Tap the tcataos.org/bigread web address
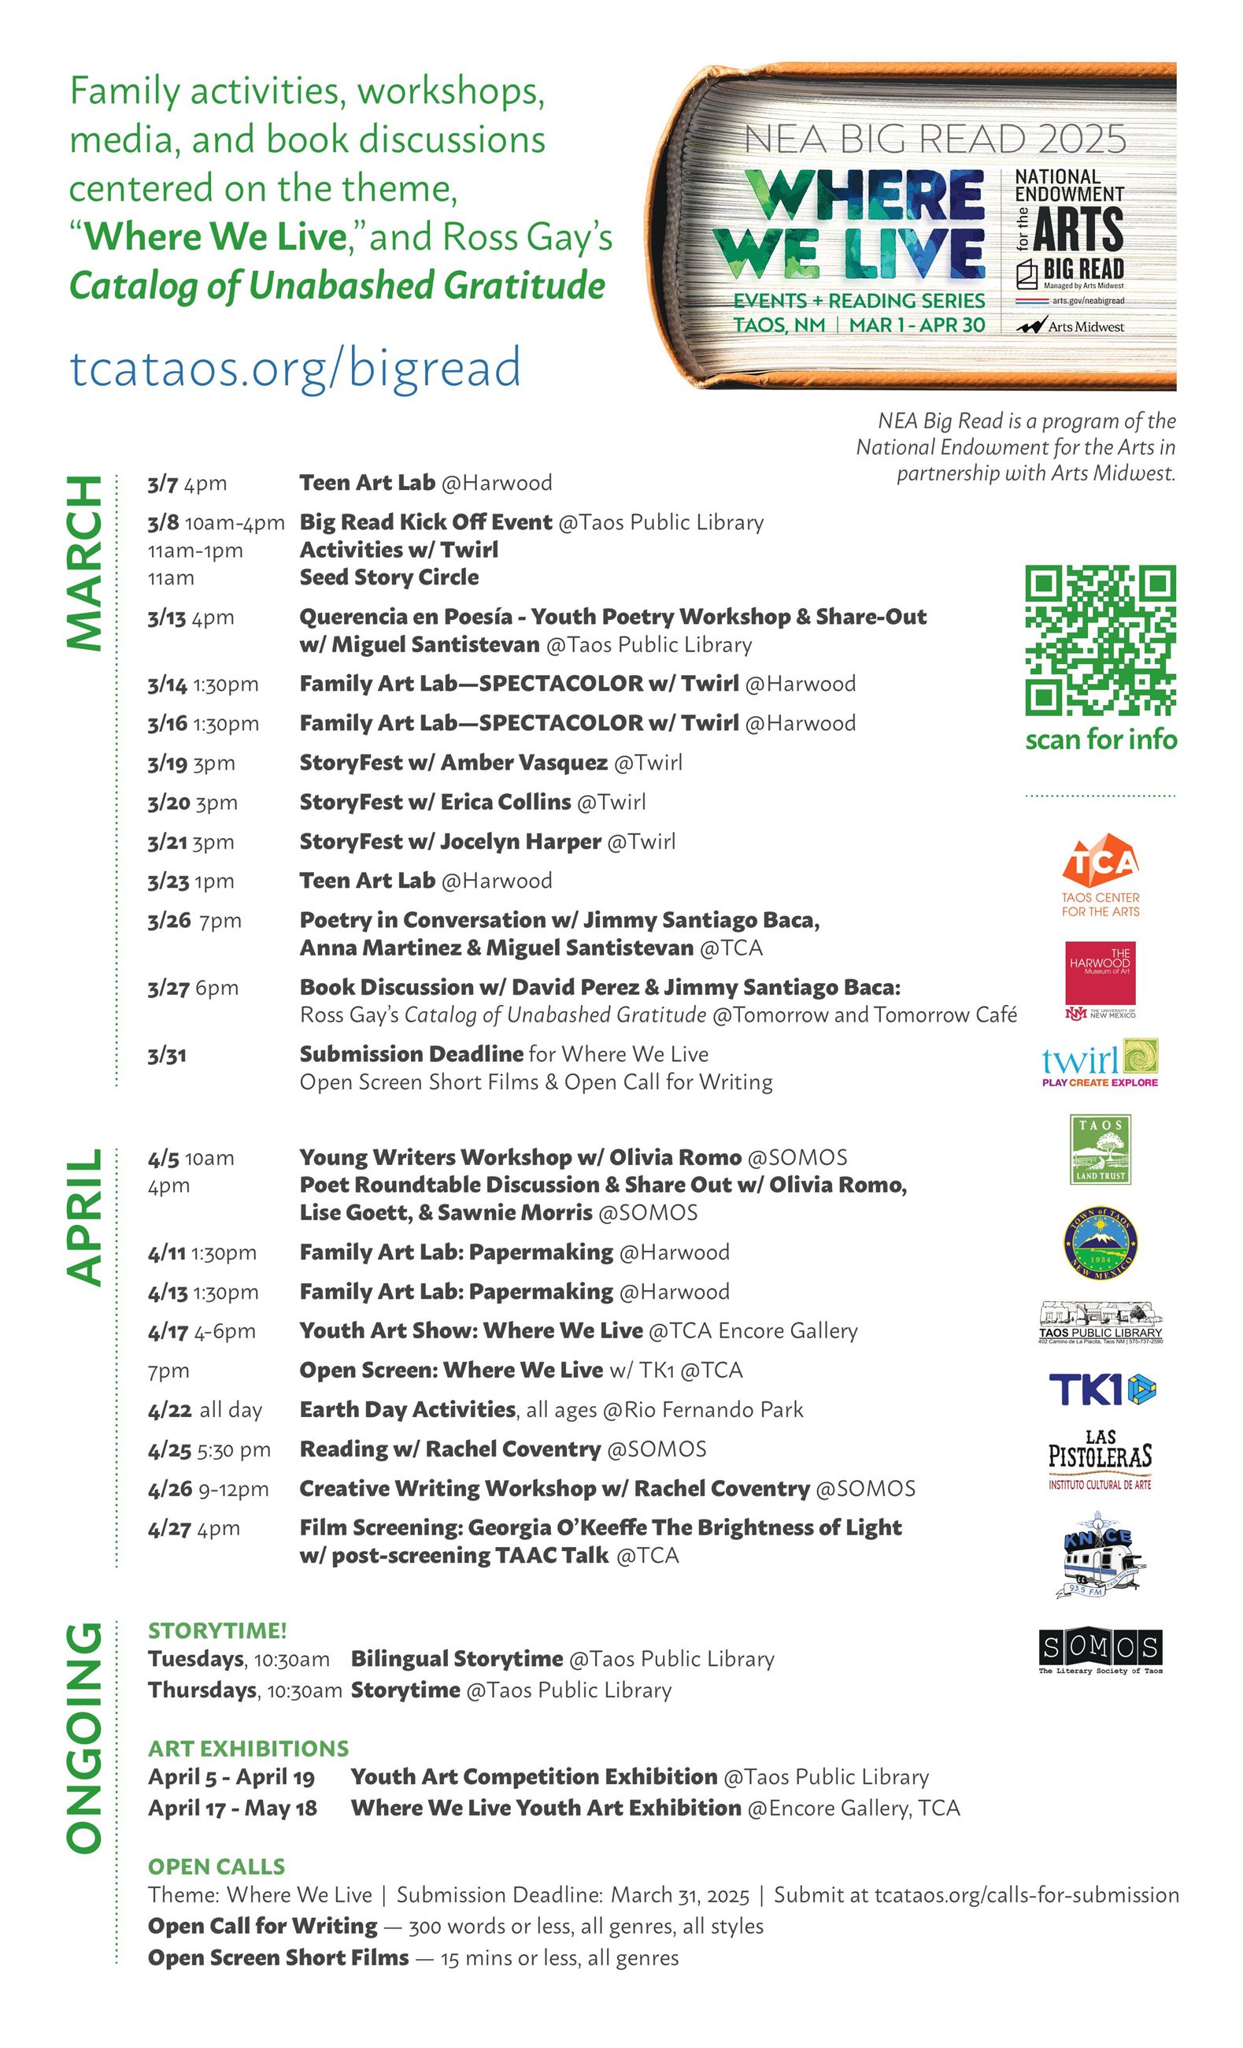(296, 367)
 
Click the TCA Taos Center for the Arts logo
(1100, 875)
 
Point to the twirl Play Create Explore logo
(1100, 1063)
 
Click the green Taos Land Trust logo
(1100, 1149)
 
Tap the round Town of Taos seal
(1100, 1245)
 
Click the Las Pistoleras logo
(1100, 1460)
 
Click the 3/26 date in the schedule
(169, 921)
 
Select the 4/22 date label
(169, 1411)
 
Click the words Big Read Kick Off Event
(425, 522)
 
